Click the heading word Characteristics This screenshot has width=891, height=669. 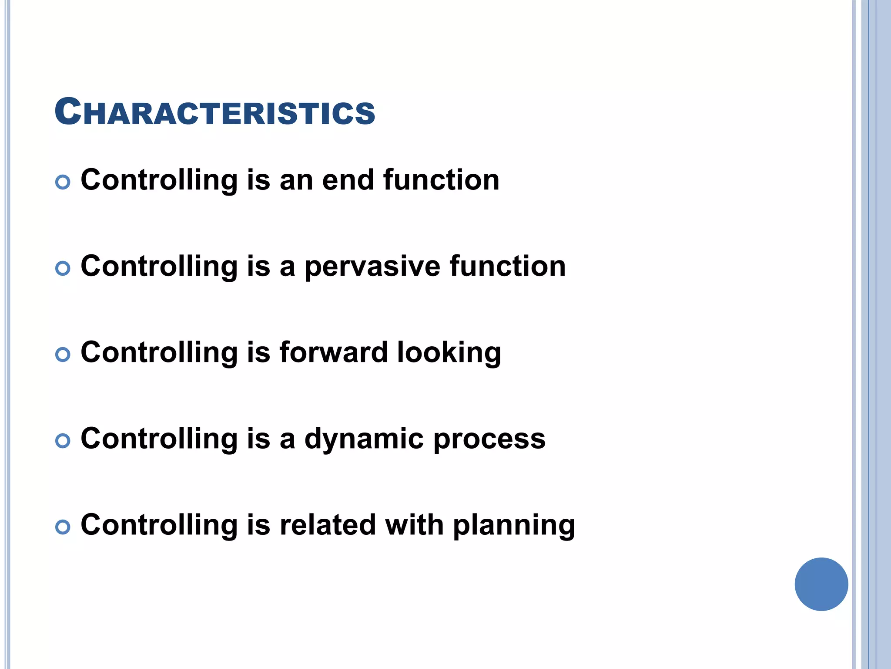point(214,112)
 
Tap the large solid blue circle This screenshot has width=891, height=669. point(821,584)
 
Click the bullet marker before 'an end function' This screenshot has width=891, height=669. point(63,182)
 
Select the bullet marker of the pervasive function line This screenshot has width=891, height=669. point(63,268)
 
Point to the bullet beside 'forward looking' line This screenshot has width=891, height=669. point(63,355)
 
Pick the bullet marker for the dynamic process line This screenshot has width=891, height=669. point(63,441)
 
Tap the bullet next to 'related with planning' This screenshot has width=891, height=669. point(63,527)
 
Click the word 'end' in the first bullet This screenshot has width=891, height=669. point(348,180)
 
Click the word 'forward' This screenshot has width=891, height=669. point(333,352)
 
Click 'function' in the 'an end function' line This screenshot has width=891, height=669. point(441,180)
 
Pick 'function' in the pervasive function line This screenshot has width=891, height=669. point(508,266)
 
